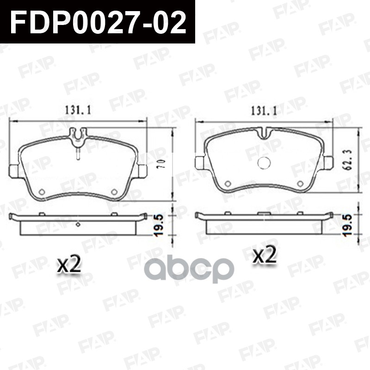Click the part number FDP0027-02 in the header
click(98, 22)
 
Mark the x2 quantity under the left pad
click(69, 265)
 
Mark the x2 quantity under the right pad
click(264, 255)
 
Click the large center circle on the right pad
click(263, 163)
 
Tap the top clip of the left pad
click(78, 134)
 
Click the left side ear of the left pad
click(13, 171)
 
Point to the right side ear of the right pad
click(328, 163)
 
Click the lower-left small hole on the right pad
click(227, 184)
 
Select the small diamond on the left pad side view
click(78, 225)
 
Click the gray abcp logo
click(190, 270)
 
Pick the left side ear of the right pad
click(200, 163)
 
